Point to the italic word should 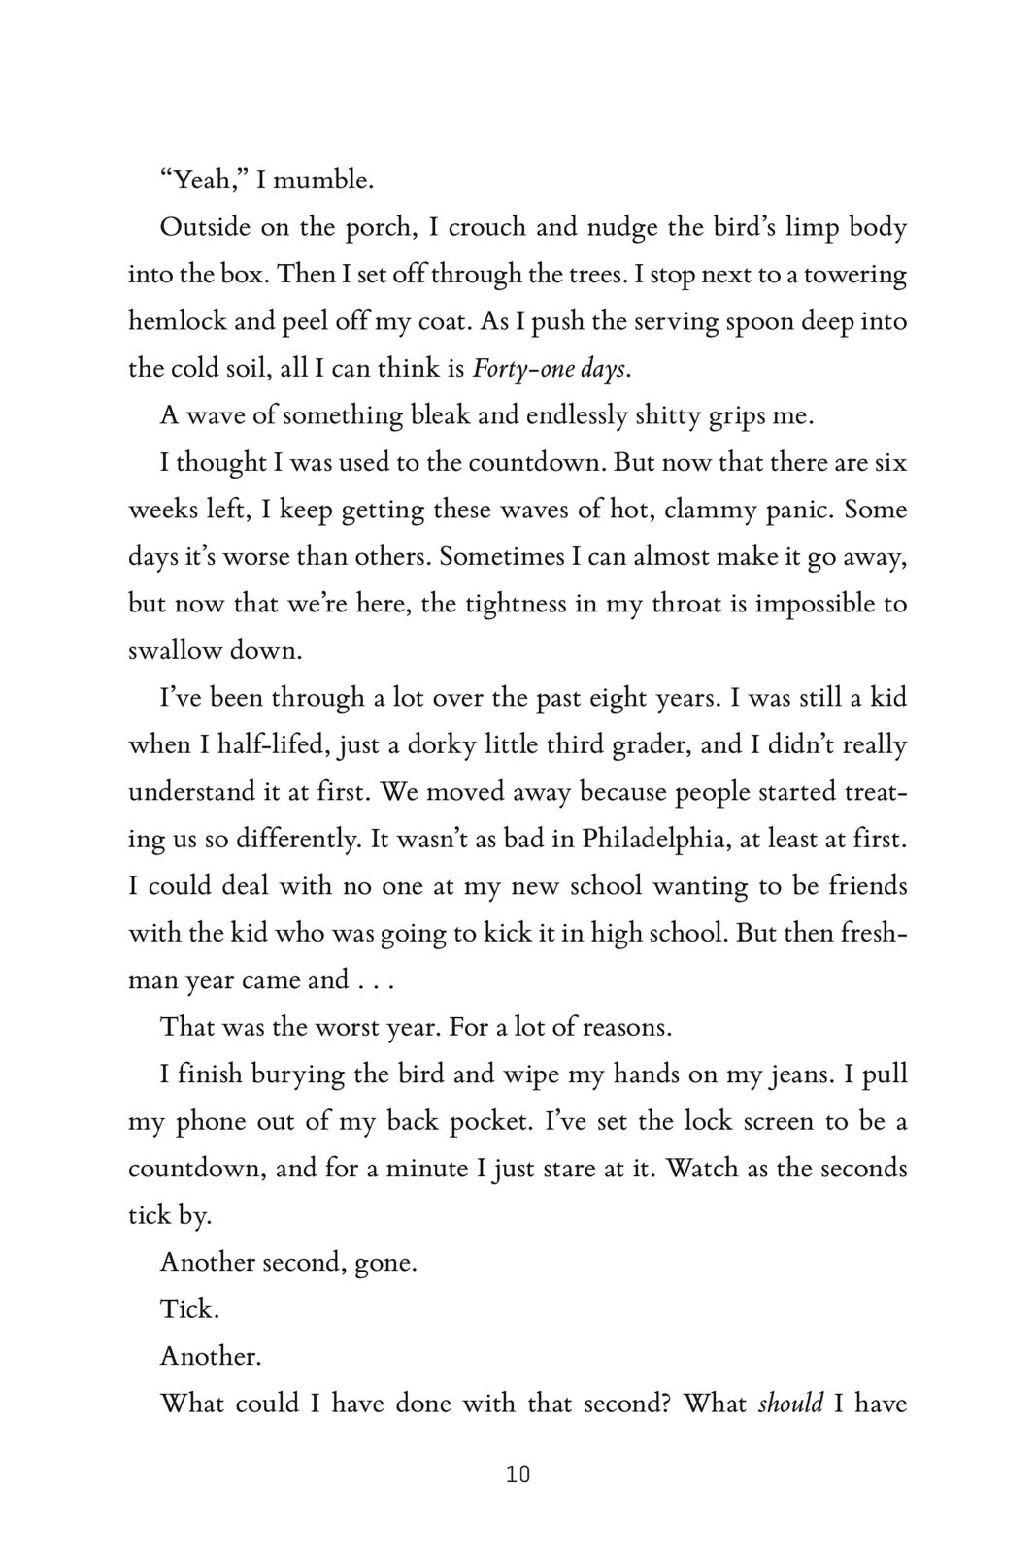point(790,1404)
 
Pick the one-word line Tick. point(189,1309)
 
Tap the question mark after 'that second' point(667,1404)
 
